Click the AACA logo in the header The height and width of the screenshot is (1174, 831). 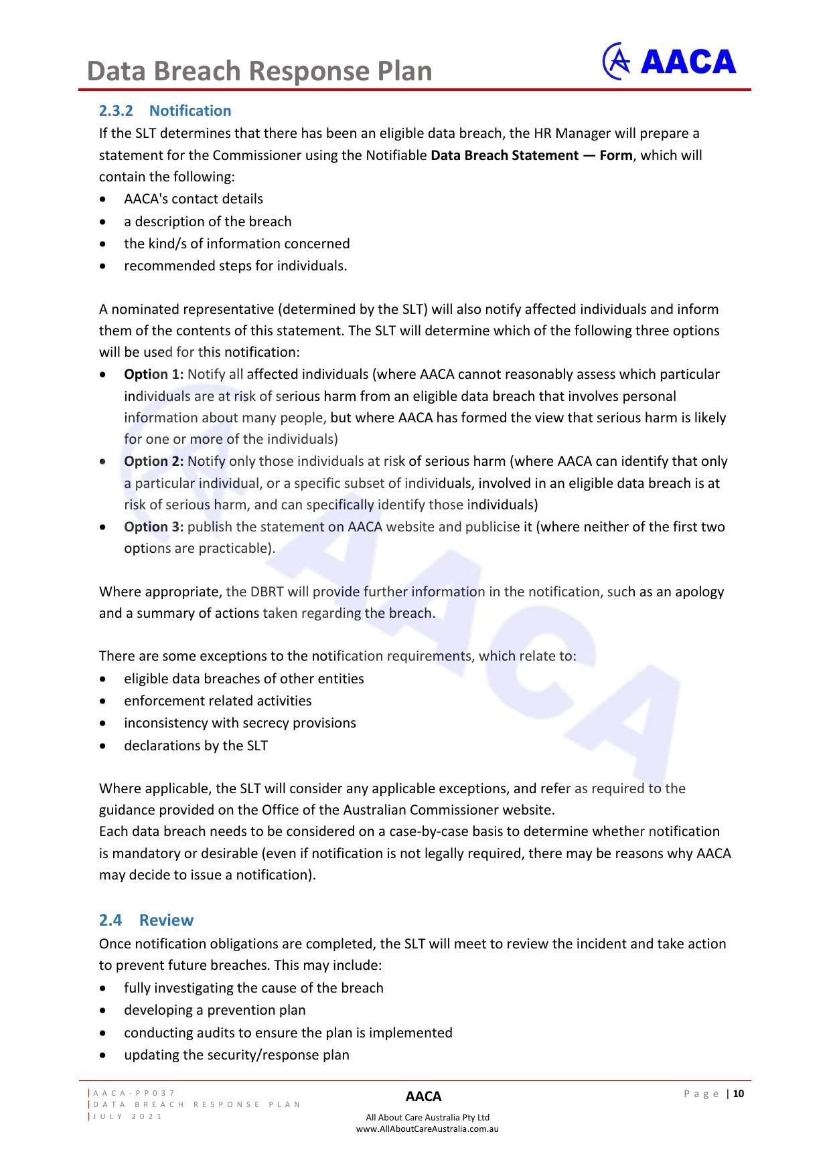coord(669,62)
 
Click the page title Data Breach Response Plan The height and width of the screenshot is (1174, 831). coord(259,71)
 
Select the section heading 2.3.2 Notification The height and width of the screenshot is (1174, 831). coord(165,110)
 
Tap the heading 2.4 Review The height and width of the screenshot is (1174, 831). coord(146,920)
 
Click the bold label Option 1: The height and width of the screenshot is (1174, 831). coord(153,374)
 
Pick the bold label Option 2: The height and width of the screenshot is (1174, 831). coord(153,461)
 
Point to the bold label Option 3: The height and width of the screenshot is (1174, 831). coord(153,527)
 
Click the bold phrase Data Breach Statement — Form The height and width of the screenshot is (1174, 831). coord(531,155)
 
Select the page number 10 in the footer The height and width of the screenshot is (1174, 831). coord(739,1094)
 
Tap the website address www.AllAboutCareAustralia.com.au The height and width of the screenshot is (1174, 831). coord(427,1128)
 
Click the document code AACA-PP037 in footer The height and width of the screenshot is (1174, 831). coord(135,1093)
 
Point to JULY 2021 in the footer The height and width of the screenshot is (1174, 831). coord(128,1116)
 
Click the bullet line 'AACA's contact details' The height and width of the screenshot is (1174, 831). coord(193,199)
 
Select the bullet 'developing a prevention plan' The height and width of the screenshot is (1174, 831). coord(214,1010)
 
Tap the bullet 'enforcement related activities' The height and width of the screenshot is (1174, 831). coord(218,701)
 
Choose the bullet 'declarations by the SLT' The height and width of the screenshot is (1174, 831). coord(196,746)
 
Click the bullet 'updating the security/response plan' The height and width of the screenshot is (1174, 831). coord(236,1055)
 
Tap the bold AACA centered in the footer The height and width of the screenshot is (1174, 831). coord(423,1096)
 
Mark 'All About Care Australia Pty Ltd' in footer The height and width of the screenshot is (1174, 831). coord(427,1117)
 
